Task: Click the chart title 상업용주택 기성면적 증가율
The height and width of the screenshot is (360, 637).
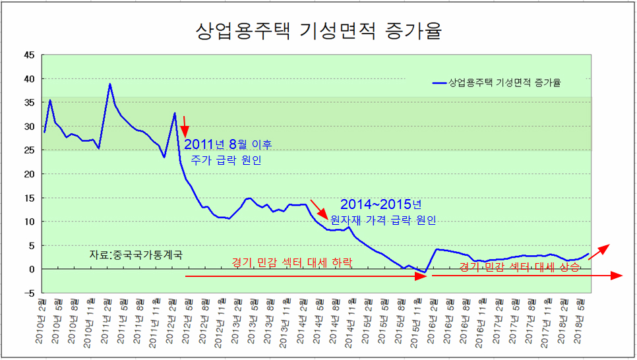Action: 318,31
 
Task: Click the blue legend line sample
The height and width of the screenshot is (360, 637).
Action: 439,83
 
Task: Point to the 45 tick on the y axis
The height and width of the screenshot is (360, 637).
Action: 29,55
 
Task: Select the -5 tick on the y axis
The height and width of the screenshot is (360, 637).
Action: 29,293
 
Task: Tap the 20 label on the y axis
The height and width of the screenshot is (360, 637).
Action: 29,174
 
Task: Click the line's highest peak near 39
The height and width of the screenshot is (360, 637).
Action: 109,84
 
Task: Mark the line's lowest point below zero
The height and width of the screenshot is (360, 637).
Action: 425,272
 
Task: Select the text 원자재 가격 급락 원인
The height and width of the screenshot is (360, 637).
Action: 383,221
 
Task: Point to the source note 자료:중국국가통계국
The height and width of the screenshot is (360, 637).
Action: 135,255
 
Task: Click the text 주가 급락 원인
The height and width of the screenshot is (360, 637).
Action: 226,160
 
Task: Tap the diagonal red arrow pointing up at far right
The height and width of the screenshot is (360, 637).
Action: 599,252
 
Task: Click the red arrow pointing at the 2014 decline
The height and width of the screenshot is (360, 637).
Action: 317,208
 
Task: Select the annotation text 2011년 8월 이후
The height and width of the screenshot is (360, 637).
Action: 228,144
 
